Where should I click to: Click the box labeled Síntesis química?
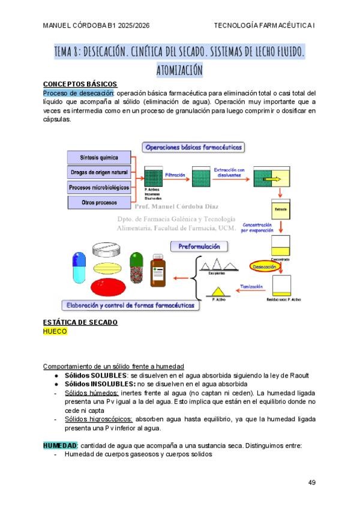click(x=99, y=158)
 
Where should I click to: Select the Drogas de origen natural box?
click(x=99, y=173)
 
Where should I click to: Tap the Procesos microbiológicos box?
click(x=99, y=187)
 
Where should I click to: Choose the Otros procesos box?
click(x=99, y=203)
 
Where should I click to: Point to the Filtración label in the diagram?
click(x=175, y=175)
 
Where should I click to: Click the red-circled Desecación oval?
click(x=265, y=266)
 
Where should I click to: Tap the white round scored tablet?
click(x=108, y=250)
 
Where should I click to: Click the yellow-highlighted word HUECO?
click(x=55, y=331)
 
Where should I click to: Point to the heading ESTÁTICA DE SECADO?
click(x=80, y=322)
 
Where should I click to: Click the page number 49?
click(x=311, y=483)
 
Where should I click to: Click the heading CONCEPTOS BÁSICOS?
click(x=80, y=84)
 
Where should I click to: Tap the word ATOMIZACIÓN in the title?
click(x=179, y=70)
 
